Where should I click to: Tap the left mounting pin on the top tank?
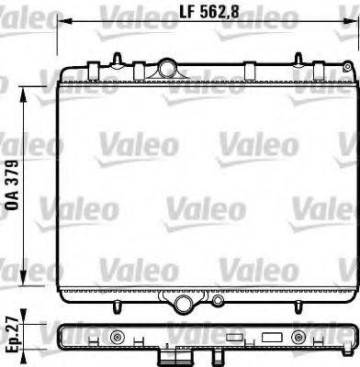[x=118, y=59]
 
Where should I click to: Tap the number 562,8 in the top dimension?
[x=217, y=14]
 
